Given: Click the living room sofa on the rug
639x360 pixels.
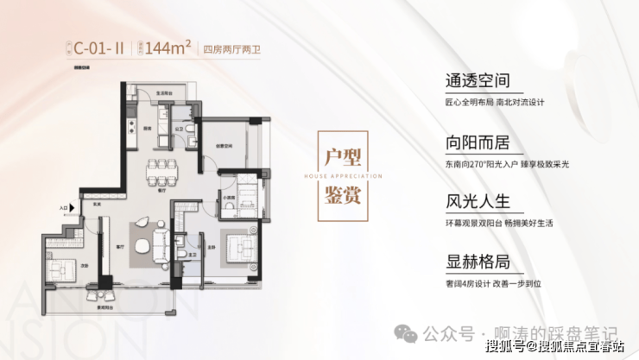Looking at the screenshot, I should (160, 239).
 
